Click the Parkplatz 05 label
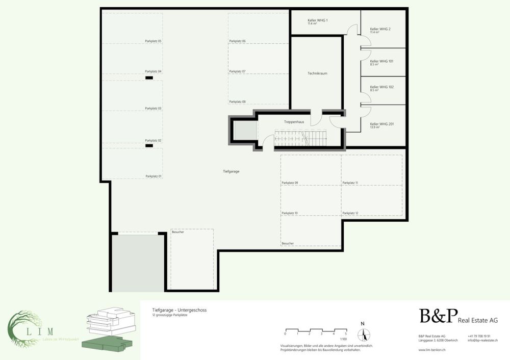pyautogui.click(x=153, y=41)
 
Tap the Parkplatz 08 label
pyautogui.click(x=237, y=102)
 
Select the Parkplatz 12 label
pyautogui.click(x=350, y=213)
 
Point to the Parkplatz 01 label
pyautogui.click(x=153, y=176)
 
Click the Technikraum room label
pyautogui.click(x=317, y=73)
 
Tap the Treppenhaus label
pyautogui.click(x=294, y=122)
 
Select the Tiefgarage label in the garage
pyautogui.click(x=231, y=171)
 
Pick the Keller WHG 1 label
pyautogui.click(x=318, y=21)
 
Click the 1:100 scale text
pyautogui.click(x=344, y=339)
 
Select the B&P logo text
pyautogui.click(x=439, y=317)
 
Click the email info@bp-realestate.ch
pyautogui.click(x=482, y=340)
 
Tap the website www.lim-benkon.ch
pyautogui.click(x=432, y=350)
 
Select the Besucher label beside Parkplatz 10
pyautogui.click(x=288, y=244)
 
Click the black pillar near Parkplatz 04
pyautogui.click(x=149, y=78)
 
